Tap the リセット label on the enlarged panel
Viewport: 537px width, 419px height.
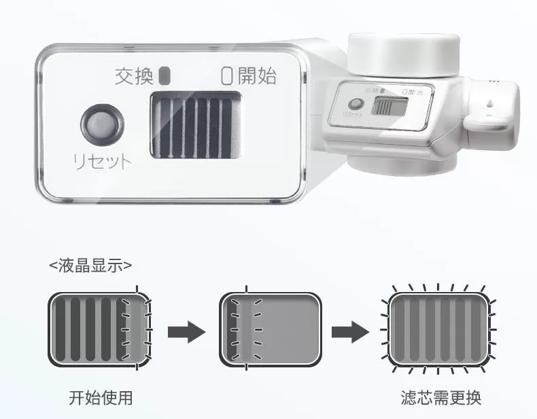(102, 162)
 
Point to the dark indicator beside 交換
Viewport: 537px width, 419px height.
(163, 75)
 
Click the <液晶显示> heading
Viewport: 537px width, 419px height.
(90, 265)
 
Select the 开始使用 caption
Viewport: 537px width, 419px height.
(100, 397)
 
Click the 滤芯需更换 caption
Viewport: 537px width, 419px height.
(441, 397)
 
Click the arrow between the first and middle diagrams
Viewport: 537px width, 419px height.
(186, 331)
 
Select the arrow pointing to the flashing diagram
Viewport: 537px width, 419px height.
(350, 331)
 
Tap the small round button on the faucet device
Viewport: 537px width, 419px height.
(355, 105)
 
